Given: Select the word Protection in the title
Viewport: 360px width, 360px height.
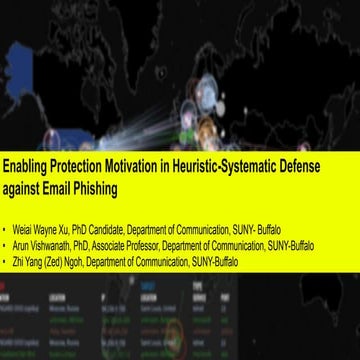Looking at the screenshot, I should coord(87,167).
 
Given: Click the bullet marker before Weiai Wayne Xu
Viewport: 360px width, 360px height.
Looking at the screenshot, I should coord(8,214).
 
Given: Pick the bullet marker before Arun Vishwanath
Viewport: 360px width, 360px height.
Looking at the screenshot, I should coord(8,228).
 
